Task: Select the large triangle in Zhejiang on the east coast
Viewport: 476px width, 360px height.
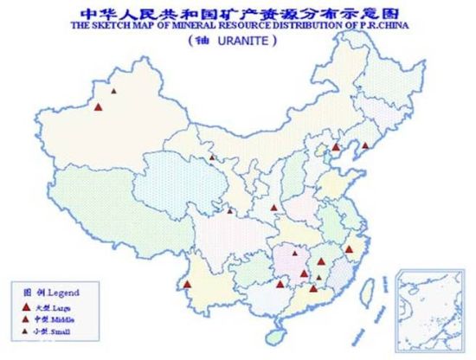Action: (x=349, y=249)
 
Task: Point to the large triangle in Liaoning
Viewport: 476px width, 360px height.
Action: (x=336, y=148)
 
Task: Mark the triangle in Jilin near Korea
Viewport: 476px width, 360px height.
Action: (x=365, y=145)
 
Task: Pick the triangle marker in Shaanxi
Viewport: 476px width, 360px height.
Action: (x=273, y=208)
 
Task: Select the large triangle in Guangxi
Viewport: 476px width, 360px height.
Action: (x=280, y=283)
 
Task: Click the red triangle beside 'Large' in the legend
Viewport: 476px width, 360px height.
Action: (x=27, y=307)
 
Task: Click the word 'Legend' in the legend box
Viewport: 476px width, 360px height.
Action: (x=62, y=292)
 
